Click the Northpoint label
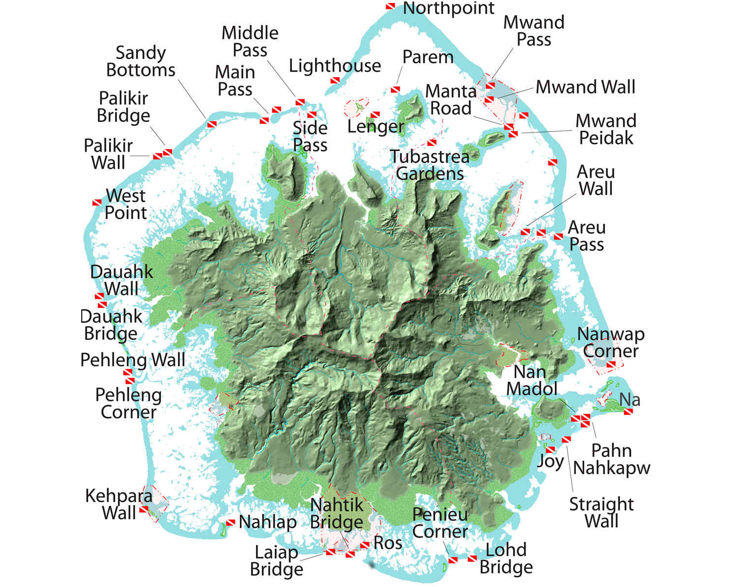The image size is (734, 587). click(448, 8)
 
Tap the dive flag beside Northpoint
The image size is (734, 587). click(390, 6)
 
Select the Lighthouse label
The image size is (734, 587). click(335, 66)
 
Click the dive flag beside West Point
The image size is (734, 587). click(97, 203)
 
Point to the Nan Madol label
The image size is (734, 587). click(531, 381)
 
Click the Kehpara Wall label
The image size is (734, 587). click(118, 504)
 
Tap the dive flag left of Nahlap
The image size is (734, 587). click(230, 523)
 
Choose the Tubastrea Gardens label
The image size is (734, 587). click(430, 165)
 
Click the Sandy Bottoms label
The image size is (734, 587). click(140, 61)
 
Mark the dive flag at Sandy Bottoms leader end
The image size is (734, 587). click(212, 124)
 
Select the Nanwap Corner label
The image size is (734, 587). click(611, 342)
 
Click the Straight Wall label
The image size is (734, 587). click(601, 512)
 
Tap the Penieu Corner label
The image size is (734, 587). click(440, 523)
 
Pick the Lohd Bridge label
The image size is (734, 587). click(506, 558)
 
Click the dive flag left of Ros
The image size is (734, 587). click(365, 545)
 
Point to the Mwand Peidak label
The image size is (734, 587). click(606, 129)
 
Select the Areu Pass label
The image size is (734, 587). click(587, 236)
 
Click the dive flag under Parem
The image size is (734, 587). click(395, 90)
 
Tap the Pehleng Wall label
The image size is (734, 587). click(133, 360)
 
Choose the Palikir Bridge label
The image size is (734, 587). click(123, 107)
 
